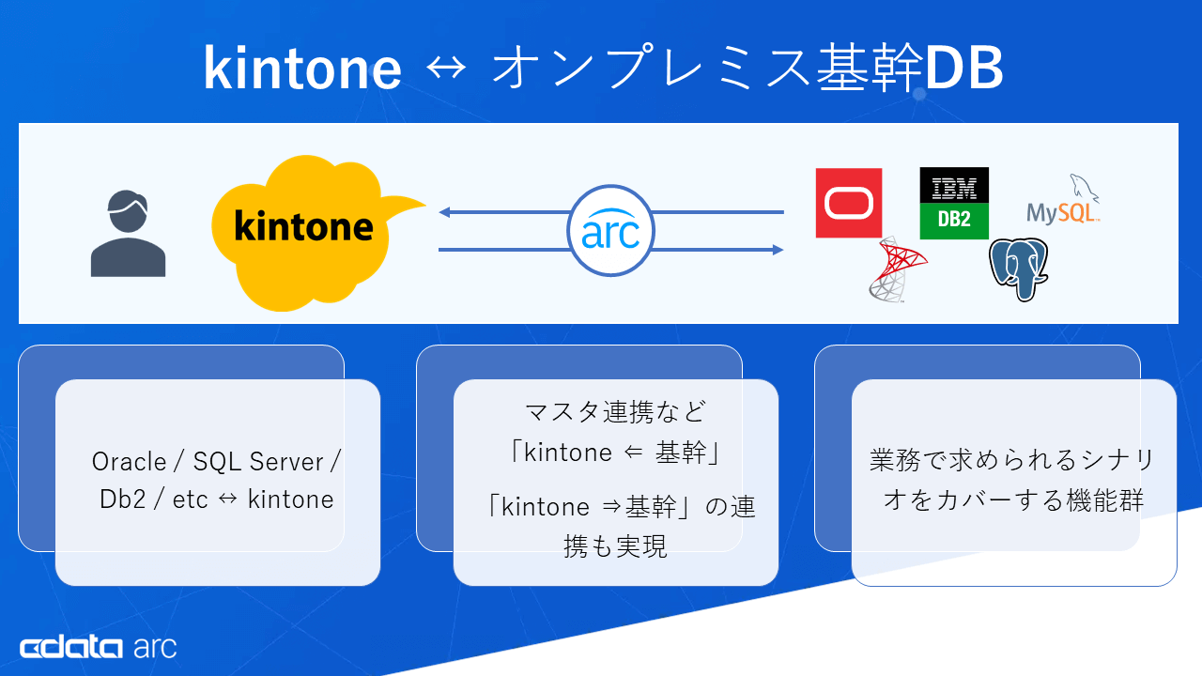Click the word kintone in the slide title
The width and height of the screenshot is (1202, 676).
click(x=302, y=69)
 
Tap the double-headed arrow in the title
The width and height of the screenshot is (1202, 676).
click(x=446, y=69)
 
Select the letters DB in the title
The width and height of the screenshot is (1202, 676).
click(x=963, y=69)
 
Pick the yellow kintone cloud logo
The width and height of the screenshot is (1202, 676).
click(x=305, y=229)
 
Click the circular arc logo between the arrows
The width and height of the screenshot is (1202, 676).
click(x=610, y=231)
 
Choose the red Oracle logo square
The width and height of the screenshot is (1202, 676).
click(x=849, y=203)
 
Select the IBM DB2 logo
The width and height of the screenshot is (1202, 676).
click(x=954, y=203)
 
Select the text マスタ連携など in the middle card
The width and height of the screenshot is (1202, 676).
click(x=615, y=412)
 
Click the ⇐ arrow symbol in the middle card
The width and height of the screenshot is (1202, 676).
click(x=633, y=453)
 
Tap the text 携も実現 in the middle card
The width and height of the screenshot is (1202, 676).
click(x=615, y=547)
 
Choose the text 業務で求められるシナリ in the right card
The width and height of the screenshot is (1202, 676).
click(x=1012, y=461)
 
